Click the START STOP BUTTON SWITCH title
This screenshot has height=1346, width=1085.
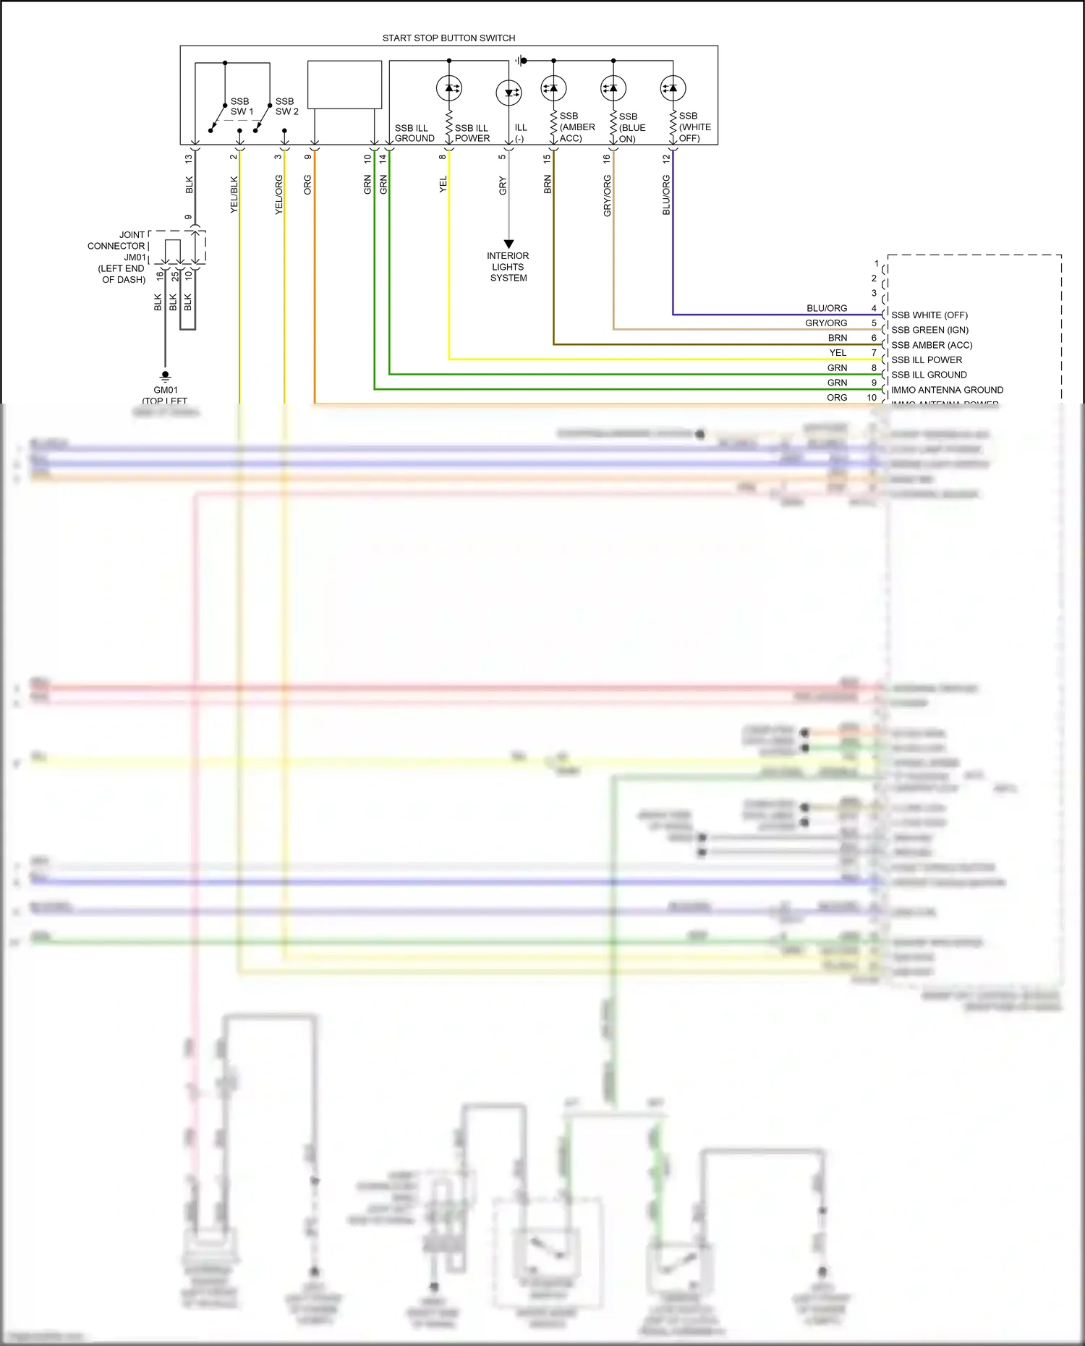448,38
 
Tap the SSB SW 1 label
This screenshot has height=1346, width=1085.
241,106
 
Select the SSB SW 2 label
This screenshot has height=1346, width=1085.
286,106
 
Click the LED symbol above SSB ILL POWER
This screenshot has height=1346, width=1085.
449,89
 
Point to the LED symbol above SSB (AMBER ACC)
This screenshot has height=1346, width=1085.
553,89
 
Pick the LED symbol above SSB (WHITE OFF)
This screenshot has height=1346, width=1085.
673,89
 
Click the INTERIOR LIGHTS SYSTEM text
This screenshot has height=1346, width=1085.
508,267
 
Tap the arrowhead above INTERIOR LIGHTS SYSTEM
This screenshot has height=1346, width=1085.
509,244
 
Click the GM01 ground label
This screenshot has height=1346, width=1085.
165,390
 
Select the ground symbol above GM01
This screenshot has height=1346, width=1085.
165,376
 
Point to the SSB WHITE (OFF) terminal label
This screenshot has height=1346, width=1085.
929,315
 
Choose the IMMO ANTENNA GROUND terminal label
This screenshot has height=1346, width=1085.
947,390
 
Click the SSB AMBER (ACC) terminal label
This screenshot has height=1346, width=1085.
932,345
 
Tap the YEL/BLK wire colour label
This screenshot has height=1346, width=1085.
234,195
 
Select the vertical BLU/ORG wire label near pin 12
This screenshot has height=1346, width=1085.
666,195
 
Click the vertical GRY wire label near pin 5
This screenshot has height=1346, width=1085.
503,186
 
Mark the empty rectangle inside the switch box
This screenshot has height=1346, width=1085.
344,85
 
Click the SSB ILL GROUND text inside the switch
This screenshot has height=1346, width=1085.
414,133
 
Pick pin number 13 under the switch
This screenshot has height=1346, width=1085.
189,158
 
